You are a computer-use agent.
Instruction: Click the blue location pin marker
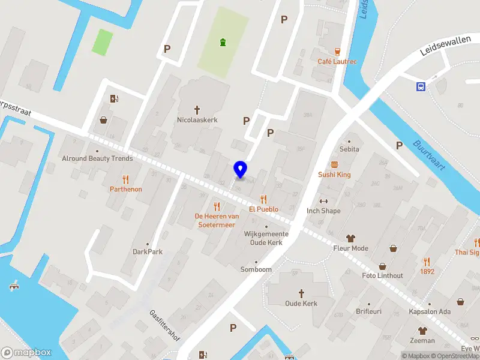pyautogui.click(x=241, y=170)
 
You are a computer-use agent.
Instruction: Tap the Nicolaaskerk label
pyautogui.click(x=197, y=120)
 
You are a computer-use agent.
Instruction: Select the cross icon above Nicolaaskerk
pyautogui.click(x=197, y=110)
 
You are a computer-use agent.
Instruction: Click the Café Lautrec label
pyautogui.click(x=337, y=61)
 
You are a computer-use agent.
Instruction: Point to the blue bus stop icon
pyautogui.click(x=421, y=86)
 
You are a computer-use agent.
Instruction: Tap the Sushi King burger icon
pyautogui.click(x=334, y=164)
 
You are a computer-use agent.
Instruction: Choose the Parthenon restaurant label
pyautogui.click(x=126, y=189)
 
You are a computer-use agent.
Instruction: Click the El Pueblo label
pyautogui.click(x=263, y=209)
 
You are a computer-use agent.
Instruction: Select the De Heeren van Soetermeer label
pyautogui.click(x=217, y=220)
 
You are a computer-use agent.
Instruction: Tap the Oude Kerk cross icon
pyautogui.click(x=301, y=293)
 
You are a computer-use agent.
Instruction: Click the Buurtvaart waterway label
pyautogui.click(x=428, y=155)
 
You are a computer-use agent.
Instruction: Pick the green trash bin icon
pyautogui.click(x=223, y=42)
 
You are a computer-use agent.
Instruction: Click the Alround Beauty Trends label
pyautogui.click(x=97, y=158)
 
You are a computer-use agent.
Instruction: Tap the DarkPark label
pyautogui.click(x=148, y=252)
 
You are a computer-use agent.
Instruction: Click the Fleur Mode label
pyautogui.click(x=351, y=248)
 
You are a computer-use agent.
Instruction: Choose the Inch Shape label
pyautogui.click(x=323, y=211)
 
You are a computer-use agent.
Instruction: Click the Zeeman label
pyautogui.click(x=422, y=341)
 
